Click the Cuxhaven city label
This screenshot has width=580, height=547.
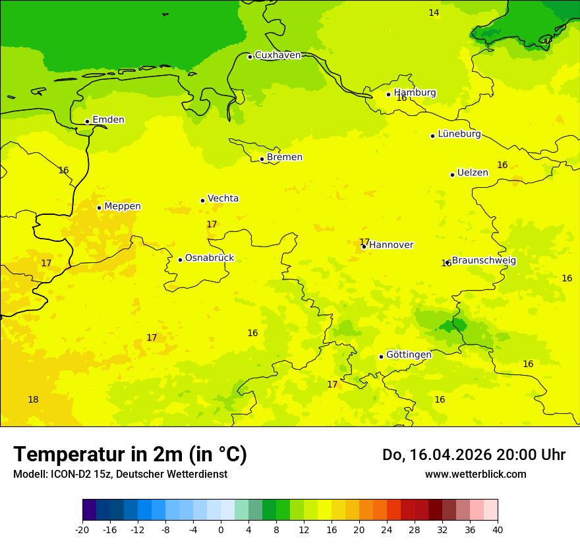coord(277,55)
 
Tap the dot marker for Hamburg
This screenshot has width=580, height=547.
coord(389,94)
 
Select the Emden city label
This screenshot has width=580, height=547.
coord(108,120)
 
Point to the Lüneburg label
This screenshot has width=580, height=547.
coord(459,134)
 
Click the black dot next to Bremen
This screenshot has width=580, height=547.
coord(262,159)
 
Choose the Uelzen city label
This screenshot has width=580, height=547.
coord(473,173)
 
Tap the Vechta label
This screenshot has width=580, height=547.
coord(223,198)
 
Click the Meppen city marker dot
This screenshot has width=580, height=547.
coord(99,208)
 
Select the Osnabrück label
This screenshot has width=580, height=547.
coord(210,258)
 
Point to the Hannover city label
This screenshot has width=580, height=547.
coord(391,245)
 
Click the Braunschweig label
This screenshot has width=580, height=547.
coord(484,261)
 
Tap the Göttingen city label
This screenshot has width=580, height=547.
coord(409,355)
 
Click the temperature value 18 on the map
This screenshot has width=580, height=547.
coord(33,400)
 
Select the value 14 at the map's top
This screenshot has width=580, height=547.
coord(434,13)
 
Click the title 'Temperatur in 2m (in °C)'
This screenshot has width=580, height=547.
coord(130,455)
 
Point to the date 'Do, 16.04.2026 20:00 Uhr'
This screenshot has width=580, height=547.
coord(473,455)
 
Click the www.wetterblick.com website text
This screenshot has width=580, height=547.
coord(475,475)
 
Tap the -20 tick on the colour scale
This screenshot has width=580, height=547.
coord(82,530)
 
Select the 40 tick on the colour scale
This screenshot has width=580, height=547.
coord(498,530)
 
